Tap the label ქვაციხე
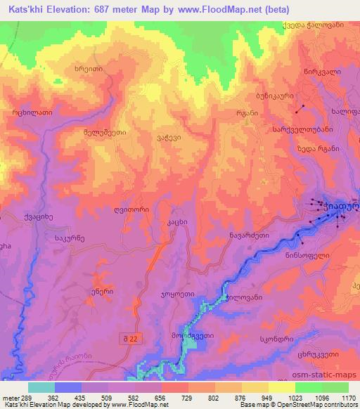tap(38, 216)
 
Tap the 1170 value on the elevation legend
tap(347, 396)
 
